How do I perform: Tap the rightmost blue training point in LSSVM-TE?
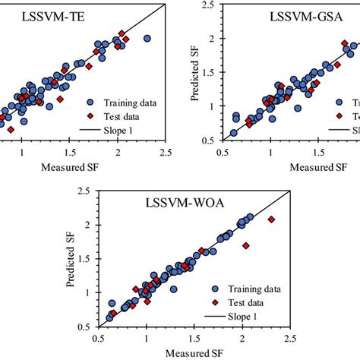tap(147, 38)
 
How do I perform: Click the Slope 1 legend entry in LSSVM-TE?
tap(122, 130)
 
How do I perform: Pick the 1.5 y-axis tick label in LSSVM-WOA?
tap(90, 259)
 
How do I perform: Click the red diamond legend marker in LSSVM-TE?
tap(91, 116)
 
